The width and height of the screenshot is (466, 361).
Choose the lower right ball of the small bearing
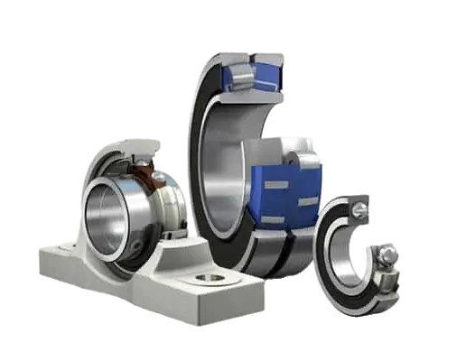click(x=386, y=256)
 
